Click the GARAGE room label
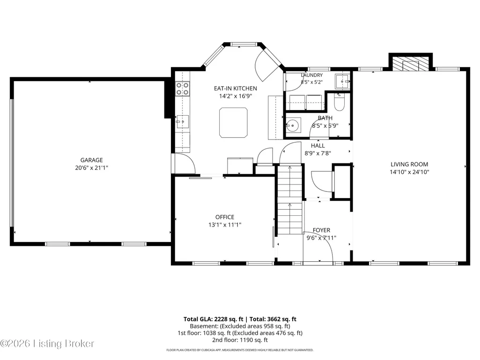click(91, 160)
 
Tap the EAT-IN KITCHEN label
click(236, 88)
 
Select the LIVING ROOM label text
click(409, 164)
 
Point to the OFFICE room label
click(225, 217)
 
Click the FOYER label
click(321, 230)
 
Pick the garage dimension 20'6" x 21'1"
click(91, 168)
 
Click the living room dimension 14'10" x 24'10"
click(409, 172)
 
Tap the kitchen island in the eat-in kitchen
click(233, 123)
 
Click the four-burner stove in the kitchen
click(182, 88)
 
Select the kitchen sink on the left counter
click(182, 122)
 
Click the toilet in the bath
click(339, 102)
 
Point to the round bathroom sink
click(293, 125)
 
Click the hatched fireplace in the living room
click(411, 63)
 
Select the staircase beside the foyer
click(290, 199)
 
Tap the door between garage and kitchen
click(185, 163)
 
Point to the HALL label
click(318, 146)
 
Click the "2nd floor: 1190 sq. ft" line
click(240, 340)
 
